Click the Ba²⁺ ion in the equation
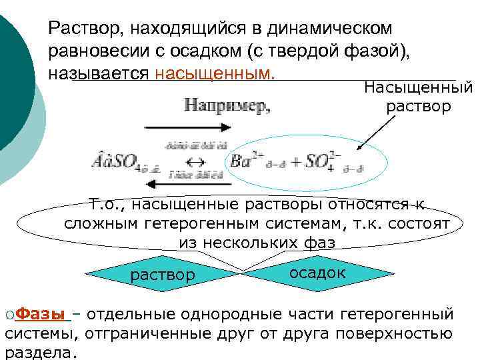245,160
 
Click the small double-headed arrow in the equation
195,161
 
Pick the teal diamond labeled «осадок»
317,272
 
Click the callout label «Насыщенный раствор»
418,97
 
